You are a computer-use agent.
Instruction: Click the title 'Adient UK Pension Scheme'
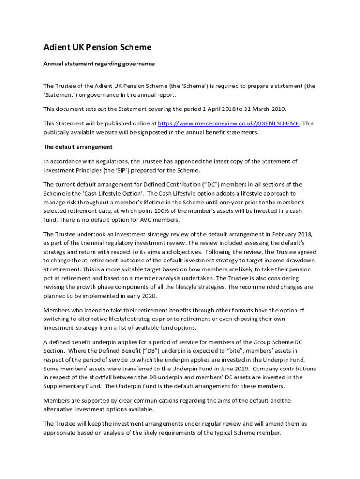(x=97, y=47)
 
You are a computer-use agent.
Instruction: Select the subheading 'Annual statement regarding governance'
(x=99, y=64)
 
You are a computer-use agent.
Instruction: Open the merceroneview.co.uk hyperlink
(x=229, y=123)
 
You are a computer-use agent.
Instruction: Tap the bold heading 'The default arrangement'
(x=78, y=147)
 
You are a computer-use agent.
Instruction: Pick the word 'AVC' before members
(x=148, y=220)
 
